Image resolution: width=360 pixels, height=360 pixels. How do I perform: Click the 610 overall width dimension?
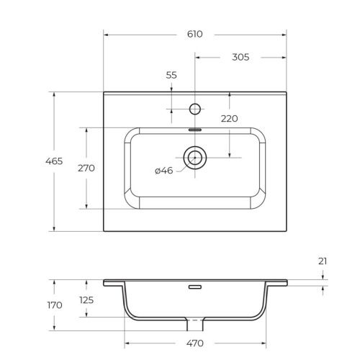(195, 34)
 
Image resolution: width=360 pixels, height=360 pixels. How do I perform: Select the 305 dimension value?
(240, 58)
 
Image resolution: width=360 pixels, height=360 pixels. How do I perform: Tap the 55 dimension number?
(171, 75)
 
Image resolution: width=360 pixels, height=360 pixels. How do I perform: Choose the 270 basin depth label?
(86, 168)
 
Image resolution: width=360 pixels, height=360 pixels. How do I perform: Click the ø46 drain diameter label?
(164, 171)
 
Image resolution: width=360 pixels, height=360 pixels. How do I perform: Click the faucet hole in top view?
(194, 109)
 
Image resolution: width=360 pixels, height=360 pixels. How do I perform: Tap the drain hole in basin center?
(194, 156)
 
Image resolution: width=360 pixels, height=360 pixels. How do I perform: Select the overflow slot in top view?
(194, 130)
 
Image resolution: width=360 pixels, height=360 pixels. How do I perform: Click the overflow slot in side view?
(194, 287)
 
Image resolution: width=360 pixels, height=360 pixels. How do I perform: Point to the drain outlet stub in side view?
(194, 321)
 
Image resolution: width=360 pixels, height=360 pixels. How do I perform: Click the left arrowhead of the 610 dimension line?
(106, 34)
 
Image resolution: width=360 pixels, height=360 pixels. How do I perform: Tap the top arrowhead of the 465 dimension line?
(55, 94)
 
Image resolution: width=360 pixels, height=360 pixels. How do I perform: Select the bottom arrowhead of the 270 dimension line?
(86, 206)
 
